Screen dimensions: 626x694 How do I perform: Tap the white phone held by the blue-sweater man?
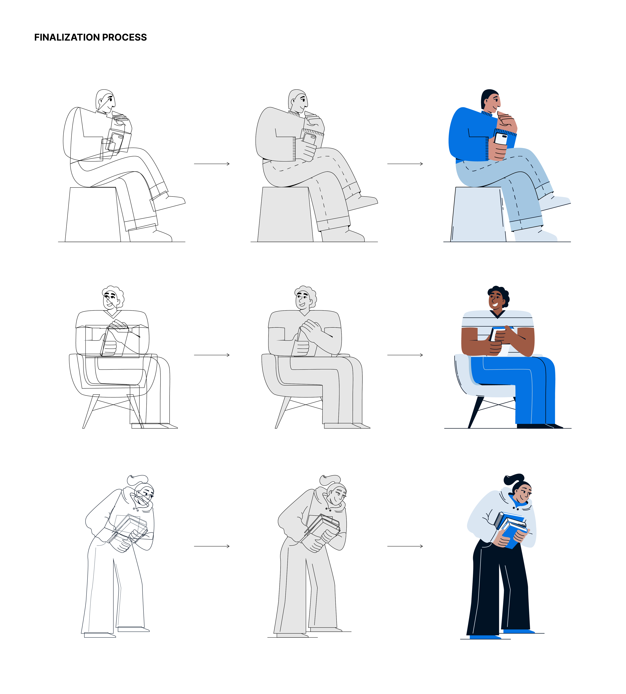(501, 139)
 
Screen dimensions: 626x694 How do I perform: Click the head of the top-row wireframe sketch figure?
(105, 101)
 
